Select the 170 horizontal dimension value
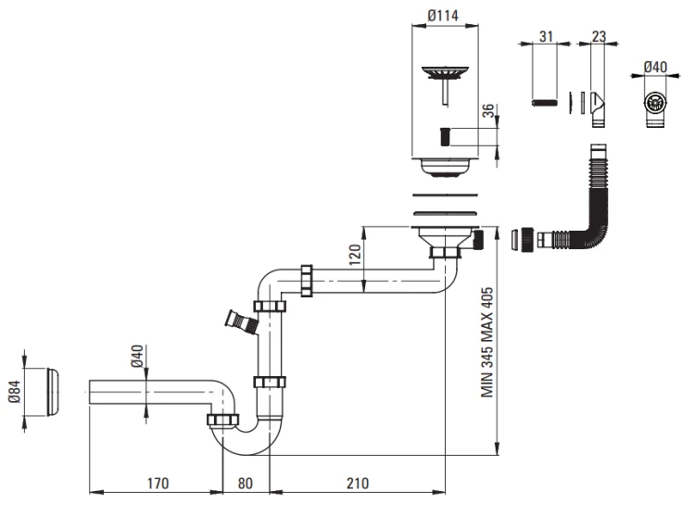point(157,484)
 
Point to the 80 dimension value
point(246,484)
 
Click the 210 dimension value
point(357,484)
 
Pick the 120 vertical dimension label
point(352,257)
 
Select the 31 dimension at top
point(547,36)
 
